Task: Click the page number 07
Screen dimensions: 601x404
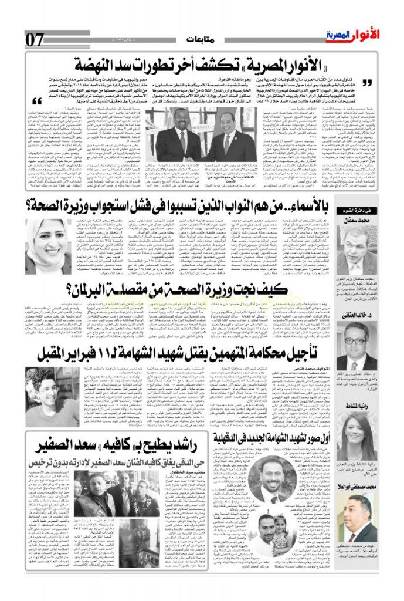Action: (35, 39)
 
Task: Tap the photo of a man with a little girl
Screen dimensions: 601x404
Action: (276, 536)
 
